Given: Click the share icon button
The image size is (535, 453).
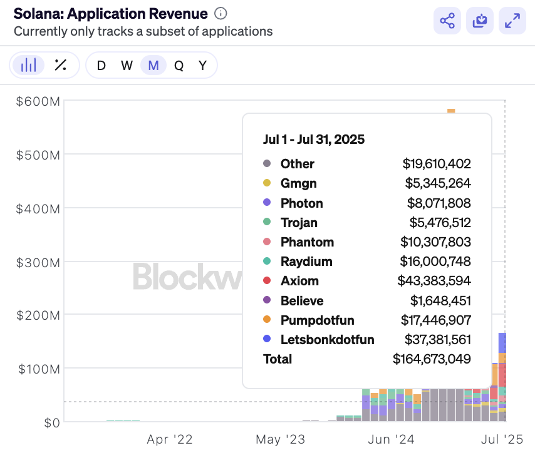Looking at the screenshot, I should coord(447,21).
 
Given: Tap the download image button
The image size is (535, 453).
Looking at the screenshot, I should coord(480,21).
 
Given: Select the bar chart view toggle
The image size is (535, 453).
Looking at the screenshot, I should coord(29,65).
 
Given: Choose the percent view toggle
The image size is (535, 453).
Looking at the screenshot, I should coord(61,65).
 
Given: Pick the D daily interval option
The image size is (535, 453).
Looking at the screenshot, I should coord(101,65).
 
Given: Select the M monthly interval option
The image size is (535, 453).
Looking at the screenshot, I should coord(153,65).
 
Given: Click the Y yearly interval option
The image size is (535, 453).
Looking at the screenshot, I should coord(202,65).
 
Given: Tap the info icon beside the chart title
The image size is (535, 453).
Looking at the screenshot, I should coord(221,13).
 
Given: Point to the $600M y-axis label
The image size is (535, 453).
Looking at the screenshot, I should coord(38,101).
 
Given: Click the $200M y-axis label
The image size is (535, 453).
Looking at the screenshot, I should coord(38,315).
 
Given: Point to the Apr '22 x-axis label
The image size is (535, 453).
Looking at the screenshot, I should coord(170,439).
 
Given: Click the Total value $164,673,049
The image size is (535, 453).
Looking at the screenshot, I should coord(432,359).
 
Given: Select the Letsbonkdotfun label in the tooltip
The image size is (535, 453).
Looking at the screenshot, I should coord(328,340).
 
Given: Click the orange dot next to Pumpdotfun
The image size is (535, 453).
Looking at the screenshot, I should coord(267,320).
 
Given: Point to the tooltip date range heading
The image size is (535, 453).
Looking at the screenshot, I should coord(314,139).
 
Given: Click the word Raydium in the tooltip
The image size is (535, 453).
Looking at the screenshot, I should coord(306,262).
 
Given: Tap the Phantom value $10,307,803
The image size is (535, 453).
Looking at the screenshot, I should coord(436,242).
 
